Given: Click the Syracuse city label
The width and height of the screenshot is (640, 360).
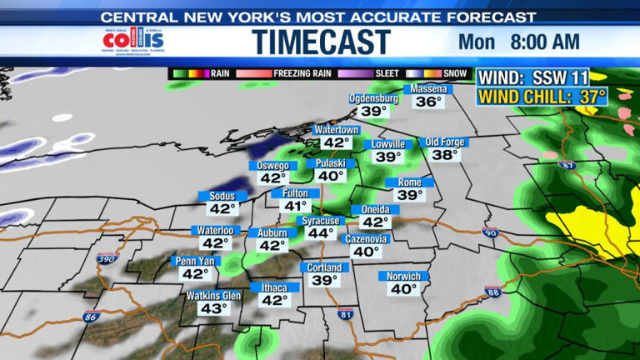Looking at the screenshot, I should [x=320, y=220].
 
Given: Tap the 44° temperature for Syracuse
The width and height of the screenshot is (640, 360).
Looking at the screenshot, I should [x=320, y=233].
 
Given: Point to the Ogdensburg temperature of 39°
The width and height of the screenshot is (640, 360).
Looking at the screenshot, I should [x=374, y=111].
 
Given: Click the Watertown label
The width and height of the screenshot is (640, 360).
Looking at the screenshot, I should [x=337, y=131].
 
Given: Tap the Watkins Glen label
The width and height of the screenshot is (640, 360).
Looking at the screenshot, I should [x=213, y=296].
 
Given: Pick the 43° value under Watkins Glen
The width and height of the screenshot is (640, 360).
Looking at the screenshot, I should [x=213, y=309].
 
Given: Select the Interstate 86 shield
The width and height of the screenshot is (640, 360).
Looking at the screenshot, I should [x=90, y=316].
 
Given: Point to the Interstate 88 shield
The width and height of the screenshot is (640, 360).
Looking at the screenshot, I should [x=492, y=291].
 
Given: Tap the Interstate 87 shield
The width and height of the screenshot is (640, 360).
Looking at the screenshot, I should [x=567, y=166].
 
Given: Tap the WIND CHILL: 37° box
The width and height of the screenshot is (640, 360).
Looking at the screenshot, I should [x=542, y=97].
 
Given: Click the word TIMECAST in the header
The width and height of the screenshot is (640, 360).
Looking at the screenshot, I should [x=321, y=42].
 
